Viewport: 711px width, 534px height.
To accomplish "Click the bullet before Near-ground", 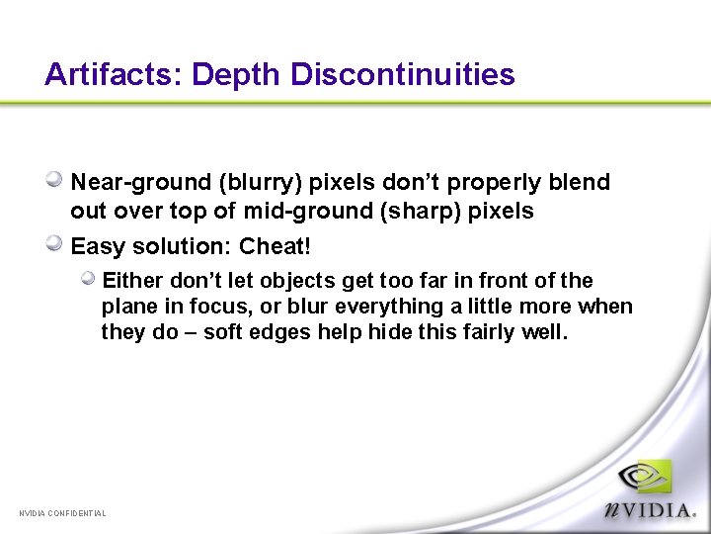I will pyautogui.click(x=55, y=181).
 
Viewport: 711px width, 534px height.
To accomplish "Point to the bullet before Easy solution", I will pyautogui.click(x=55, y=244).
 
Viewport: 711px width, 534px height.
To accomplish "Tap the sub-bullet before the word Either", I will pyautogui.click(x=89, y=280).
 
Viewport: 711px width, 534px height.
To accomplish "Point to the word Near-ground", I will pyautogui.click(x=141, y=183).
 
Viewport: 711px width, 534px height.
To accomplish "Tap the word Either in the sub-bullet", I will pyautogui.click(x=130, y=281).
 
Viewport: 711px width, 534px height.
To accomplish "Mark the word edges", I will pyautogui.click(x=286, y=332).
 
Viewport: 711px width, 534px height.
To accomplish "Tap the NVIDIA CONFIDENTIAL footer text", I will pyautogui.click(x=63, y=513).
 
